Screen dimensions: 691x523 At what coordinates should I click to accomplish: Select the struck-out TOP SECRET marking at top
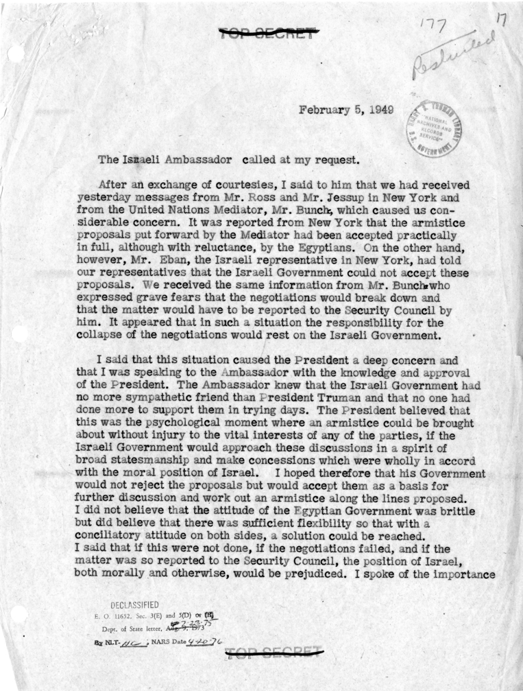tap(269, 32)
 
